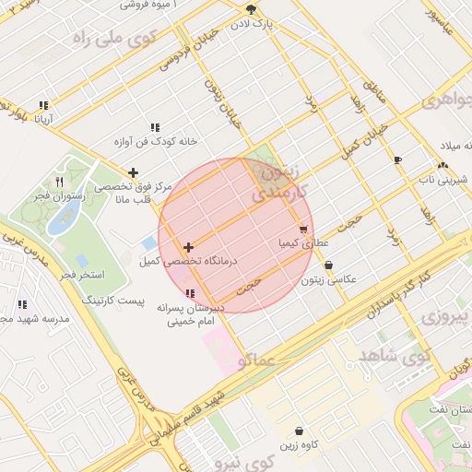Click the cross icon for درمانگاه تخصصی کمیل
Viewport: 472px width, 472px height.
(x=188, y=247)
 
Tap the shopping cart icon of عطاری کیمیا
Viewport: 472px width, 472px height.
(x=303, y=230)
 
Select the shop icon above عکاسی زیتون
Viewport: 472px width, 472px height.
(x=329, y=265)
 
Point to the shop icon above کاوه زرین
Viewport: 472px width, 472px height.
(x=300, y=431)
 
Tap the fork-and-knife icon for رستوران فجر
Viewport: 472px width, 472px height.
(x=60, y=182)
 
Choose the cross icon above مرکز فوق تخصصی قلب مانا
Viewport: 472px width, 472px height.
(x=134, y=172)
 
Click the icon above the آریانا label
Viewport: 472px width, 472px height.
(x=43, y=105)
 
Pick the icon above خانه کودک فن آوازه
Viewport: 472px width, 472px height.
(x=155, y=127)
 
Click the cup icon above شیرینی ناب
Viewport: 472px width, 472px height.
(x=398, y=159)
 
